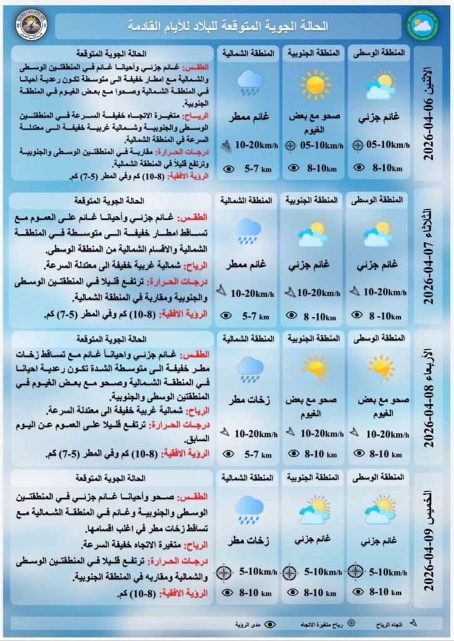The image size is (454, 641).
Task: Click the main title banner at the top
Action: tap(229, 26)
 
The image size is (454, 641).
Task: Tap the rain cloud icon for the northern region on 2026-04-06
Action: tap(250, 81)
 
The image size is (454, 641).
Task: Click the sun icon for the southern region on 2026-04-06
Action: tap(314, 84)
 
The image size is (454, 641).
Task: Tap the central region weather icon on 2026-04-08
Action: tap(380, 369)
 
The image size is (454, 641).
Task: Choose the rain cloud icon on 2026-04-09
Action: tap(249, 509)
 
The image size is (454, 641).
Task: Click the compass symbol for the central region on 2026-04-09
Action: tap(355, 571)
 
